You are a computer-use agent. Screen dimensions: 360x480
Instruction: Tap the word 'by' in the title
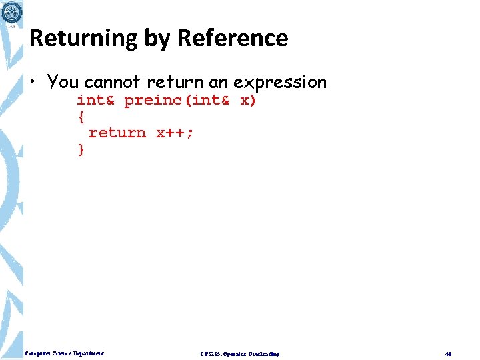coord(157,39)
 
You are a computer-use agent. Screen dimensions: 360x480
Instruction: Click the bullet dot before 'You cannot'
coord(33,83)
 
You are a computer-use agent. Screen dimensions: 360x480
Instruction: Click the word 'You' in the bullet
coord(63,82)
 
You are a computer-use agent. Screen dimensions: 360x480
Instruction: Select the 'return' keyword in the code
coord(117,133)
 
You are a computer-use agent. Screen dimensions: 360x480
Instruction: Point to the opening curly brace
coord(81,117)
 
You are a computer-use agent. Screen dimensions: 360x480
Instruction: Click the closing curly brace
coord(81,149)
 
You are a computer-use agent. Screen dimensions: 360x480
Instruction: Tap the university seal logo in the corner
coord(11,11)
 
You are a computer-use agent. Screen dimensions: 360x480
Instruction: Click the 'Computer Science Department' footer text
coord(65,353)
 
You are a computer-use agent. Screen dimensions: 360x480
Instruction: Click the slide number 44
coord(448,353)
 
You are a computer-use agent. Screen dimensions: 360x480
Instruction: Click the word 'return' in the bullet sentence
coord(176,82)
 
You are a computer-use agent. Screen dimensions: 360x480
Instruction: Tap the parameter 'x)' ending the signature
coord(248,100)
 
